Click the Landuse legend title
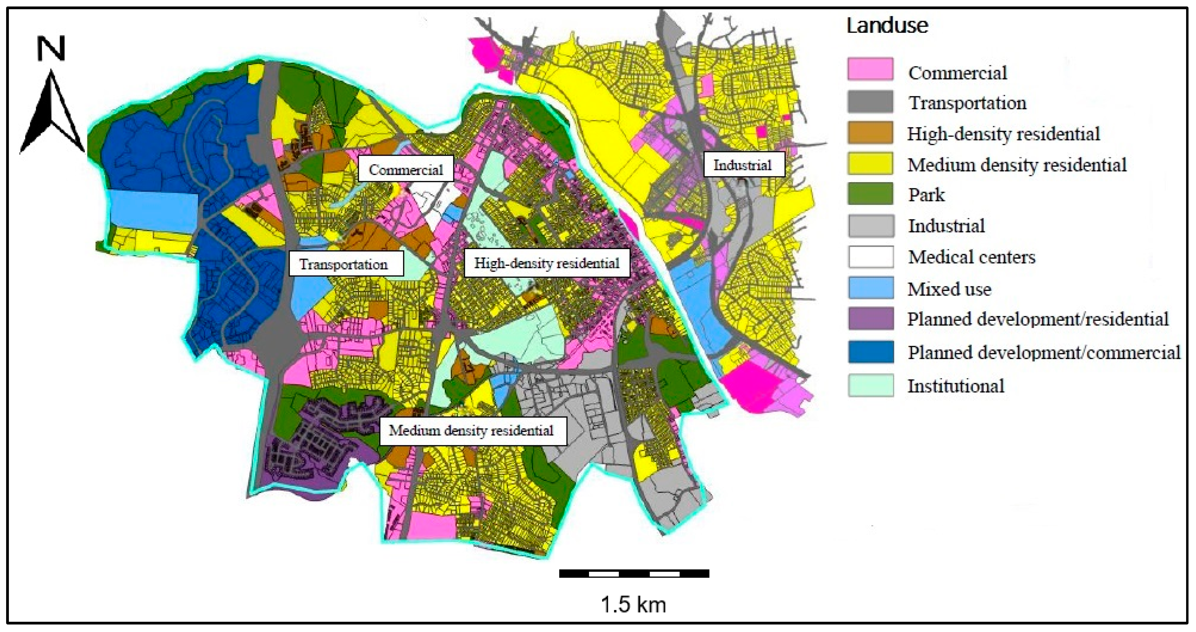tap(887, 25)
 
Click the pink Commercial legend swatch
tap(870, 69)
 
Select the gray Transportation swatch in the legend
tap(870, 101)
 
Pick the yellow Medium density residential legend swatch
tap(870, 163)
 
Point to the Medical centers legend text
tap(971, 257)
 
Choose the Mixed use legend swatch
tap(870, 288)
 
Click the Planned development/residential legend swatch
tap(870, 319)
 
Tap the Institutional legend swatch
tap(870, 385)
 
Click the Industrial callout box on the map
tap(743, 164)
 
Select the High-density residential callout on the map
tap(546, 263)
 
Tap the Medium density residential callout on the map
tap(472, 430)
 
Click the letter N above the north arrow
tap(50, 49)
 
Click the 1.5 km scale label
tap(633, 605)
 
